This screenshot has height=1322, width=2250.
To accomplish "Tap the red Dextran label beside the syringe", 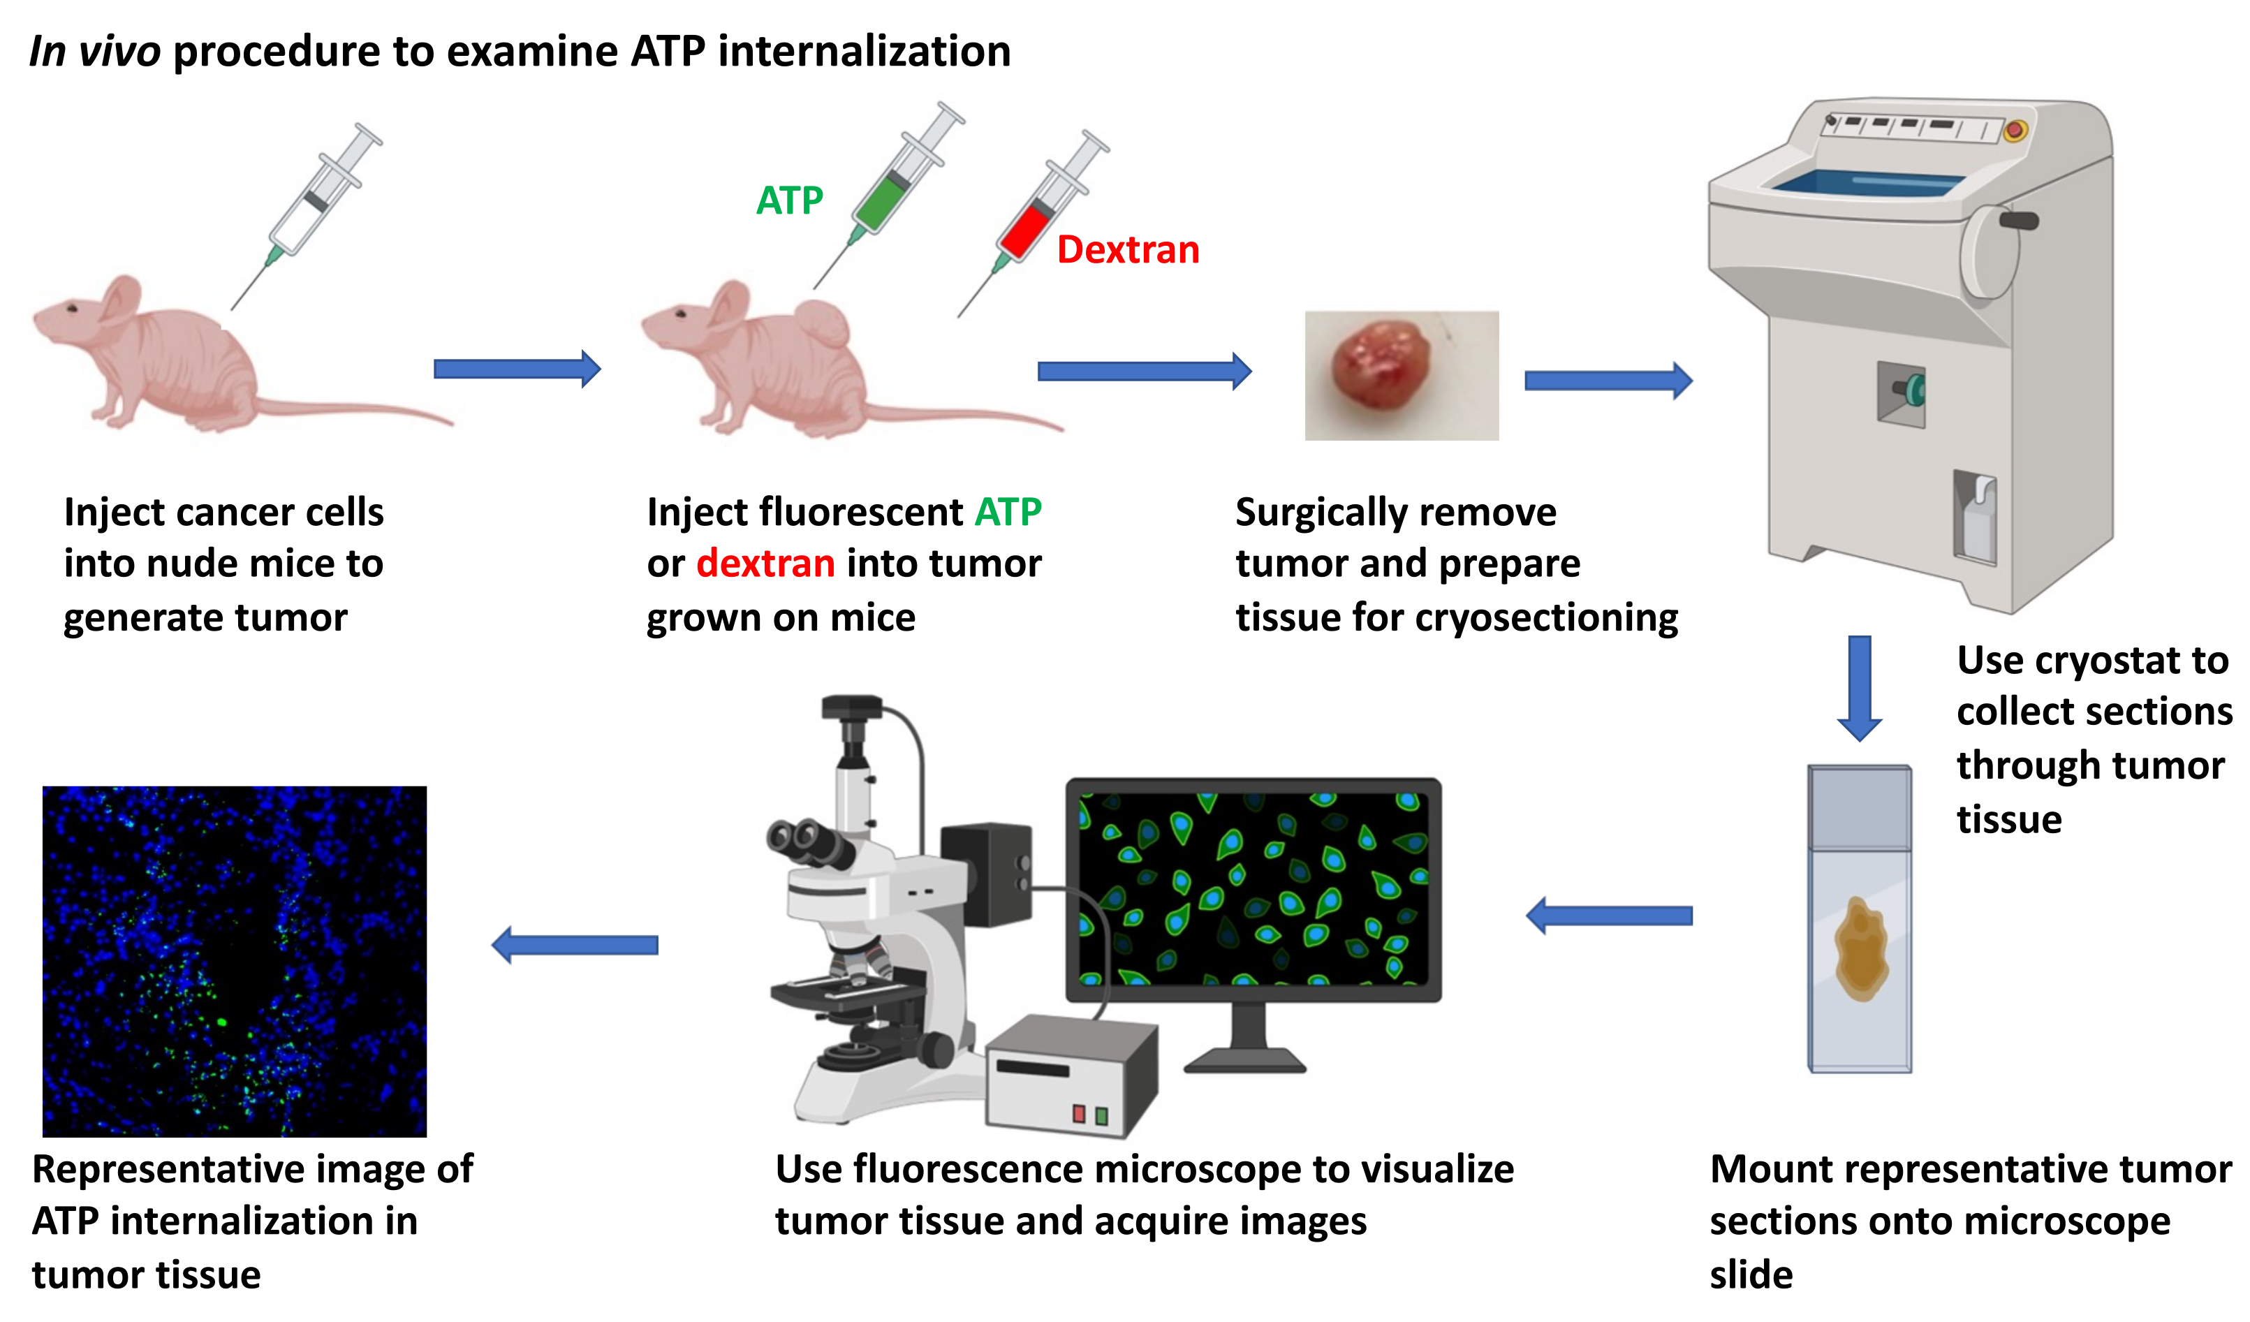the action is point(1128,249).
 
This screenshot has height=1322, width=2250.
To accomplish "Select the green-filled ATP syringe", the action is point(889,195).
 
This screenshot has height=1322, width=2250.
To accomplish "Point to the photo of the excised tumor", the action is point(1402,375).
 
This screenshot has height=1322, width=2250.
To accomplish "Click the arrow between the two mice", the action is point(517,369).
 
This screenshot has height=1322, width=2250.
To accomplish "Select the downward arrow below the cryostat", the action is point(1860,687).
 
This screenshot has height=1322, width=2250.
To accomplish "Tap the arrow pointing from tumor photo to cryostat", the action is point(1608,381).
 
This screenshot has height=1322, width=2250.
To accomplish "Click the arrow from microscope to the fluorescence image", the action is point(575,944).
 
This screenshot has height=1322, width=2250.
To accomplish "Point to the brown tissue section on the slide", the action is point(1861,949).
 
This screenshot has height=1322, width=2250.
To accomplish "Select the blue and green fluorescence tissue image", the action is point(235,962).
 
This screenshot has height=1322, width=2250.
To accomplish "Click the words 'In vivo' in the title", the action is point(95,51).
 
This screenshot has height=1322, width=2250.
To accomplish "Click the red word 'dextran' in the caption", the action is point(765,564).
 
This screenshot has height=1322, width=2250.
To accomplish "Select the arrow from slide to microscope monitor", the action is point(1609,916).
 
